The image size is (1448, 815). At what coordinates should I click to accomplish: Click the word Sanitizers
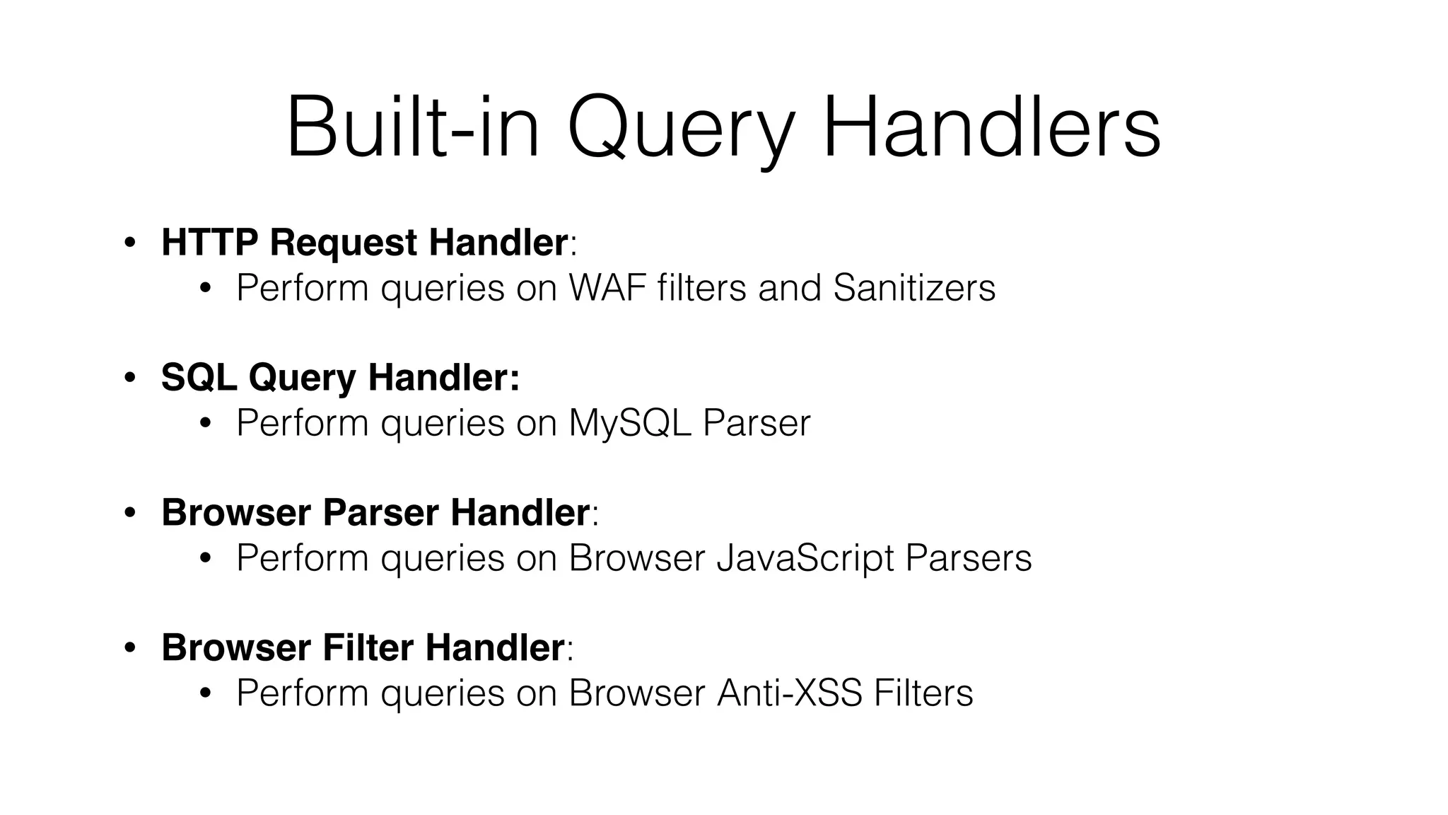914,287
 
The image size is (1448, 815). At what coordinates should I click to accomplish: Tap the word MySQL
630,423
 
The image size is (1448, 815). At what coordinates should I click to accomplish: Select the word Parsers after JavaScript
968,557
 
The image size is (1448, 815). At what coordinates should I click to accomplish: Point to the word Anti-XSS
789,693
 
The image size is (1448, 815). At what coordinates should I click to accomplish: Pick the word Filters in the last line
923,693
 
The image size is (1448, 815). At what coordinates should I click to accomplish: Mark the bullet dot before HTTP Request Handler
129,243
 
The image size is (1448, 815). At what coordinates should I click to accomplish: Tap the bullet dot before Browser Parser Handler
129,513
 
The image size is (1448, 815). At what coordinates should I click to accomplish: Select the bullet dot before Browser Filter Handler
129,648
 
